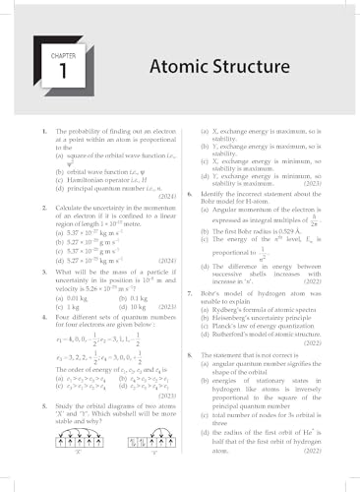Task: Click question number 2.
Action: pyautogui.click(x=33, y=196)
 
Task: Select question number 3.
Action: pyautogui.click(x=33, y=260)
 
